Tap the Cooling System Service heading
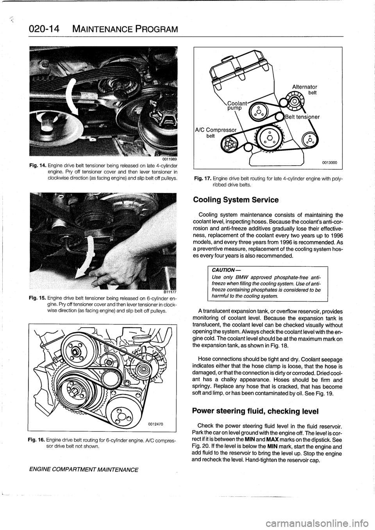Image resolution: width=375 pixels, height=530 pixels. click(x=236, y=200)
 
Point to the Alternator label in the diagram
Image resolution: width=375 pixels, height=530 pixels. click(x=304, y=87)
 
